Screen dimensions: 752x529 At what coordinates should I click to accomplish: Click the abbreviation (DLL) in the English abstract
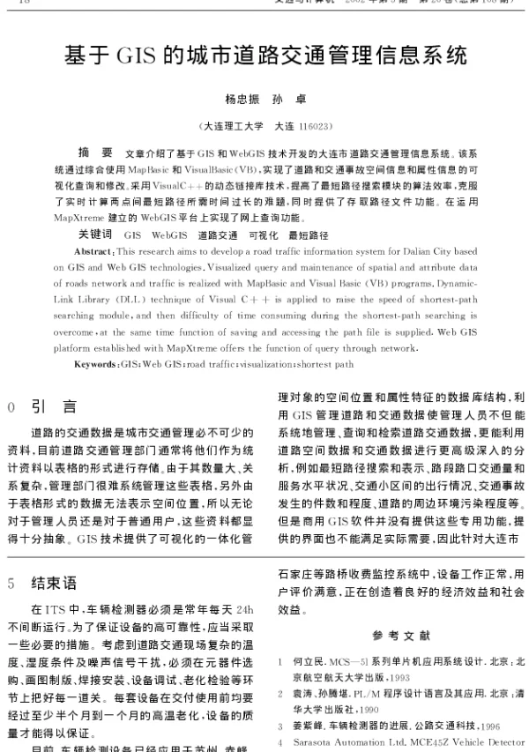[x=144, y=301]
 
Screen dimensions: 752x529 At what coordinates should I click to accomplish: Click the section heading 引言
[x=54, y=406]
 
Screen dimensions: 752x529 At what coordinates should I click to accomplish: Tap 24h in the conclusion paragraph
[x=244, y=608]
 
